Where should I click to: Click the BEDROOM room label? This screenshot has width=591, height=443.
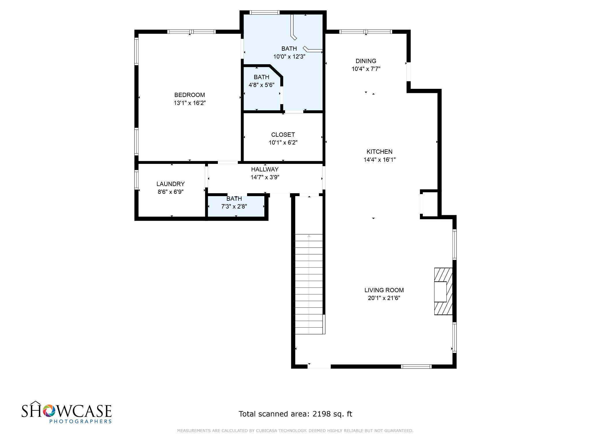click(x=190, y=95)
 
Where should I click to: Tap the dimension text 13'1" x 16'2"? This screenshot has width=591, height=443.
click(x=190, y=103)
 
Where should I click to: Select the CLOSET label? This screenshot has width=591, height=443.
click(x=283, y=135)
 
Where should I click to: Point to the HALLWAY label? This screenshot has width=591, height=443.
click(x=265, y=169)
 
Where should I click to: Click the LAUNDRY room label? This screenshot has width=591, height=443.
click(x=171, y=184)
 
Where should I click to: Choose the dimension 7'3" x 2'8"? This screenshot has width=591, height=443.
click(x=234, y=207)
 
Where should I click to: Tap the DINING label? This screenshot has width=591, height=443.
click(x=366, y=61)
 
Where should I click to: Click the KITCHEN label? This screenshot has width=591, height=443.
click(x=379, y=152)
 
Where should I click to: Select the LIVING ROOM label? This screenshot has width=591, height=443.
click(x=384, y=290)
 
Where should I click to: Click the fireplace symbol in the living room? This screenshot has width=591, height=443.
click(x=443, y=291)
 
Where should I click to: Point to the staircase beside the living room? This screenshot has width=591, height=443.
click(x=309, y=284)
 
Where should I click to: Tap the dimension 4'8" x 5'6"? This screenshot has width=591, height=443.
click(x=261, y=85)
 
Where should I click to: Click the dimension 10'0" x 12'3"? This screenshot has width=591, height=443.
click(x=289, y=57)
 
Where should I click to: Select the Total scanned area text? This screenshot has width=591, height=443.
click(x=295, y=414)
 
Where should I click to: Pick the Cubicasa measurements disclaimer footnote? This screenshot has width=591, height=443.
click(x=295, y=431)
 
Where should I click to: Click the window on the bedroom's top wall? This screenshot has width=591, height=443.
click(x=191, y=32)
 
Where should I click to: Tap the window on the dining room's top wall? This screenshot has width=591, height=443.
click(x=365, y=32)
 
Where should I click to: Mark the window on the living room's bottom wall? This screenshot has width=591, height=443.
click(x=416, y=367)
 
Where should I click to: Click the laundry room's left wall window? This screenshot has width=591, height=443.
click(x=136, y=180)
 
